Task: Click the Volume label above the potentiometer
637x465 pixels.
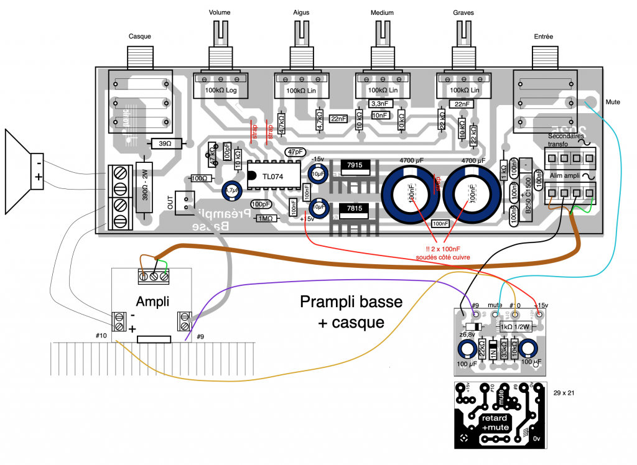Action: [220, 12]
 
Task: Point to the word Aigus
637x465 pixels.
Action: [301, 12]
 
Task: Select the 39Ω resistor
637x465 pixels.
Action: [165, 144]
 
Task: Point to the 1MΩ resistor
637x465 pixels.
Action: [266, 218]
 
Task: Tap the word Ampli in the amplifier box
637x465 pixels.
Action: [152, 302]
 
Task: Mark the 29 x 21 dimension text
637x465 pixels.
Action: [563, 393]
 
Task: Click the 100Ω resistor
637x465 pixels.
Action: [200, 178]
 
